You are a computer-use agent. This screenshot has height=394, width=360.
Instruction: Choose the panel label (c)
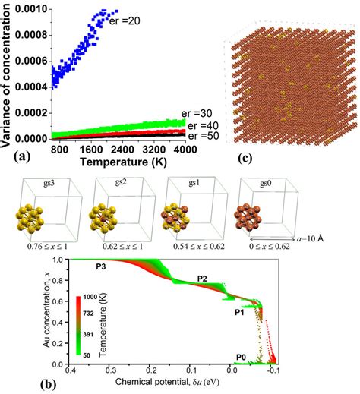point(247,158)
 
